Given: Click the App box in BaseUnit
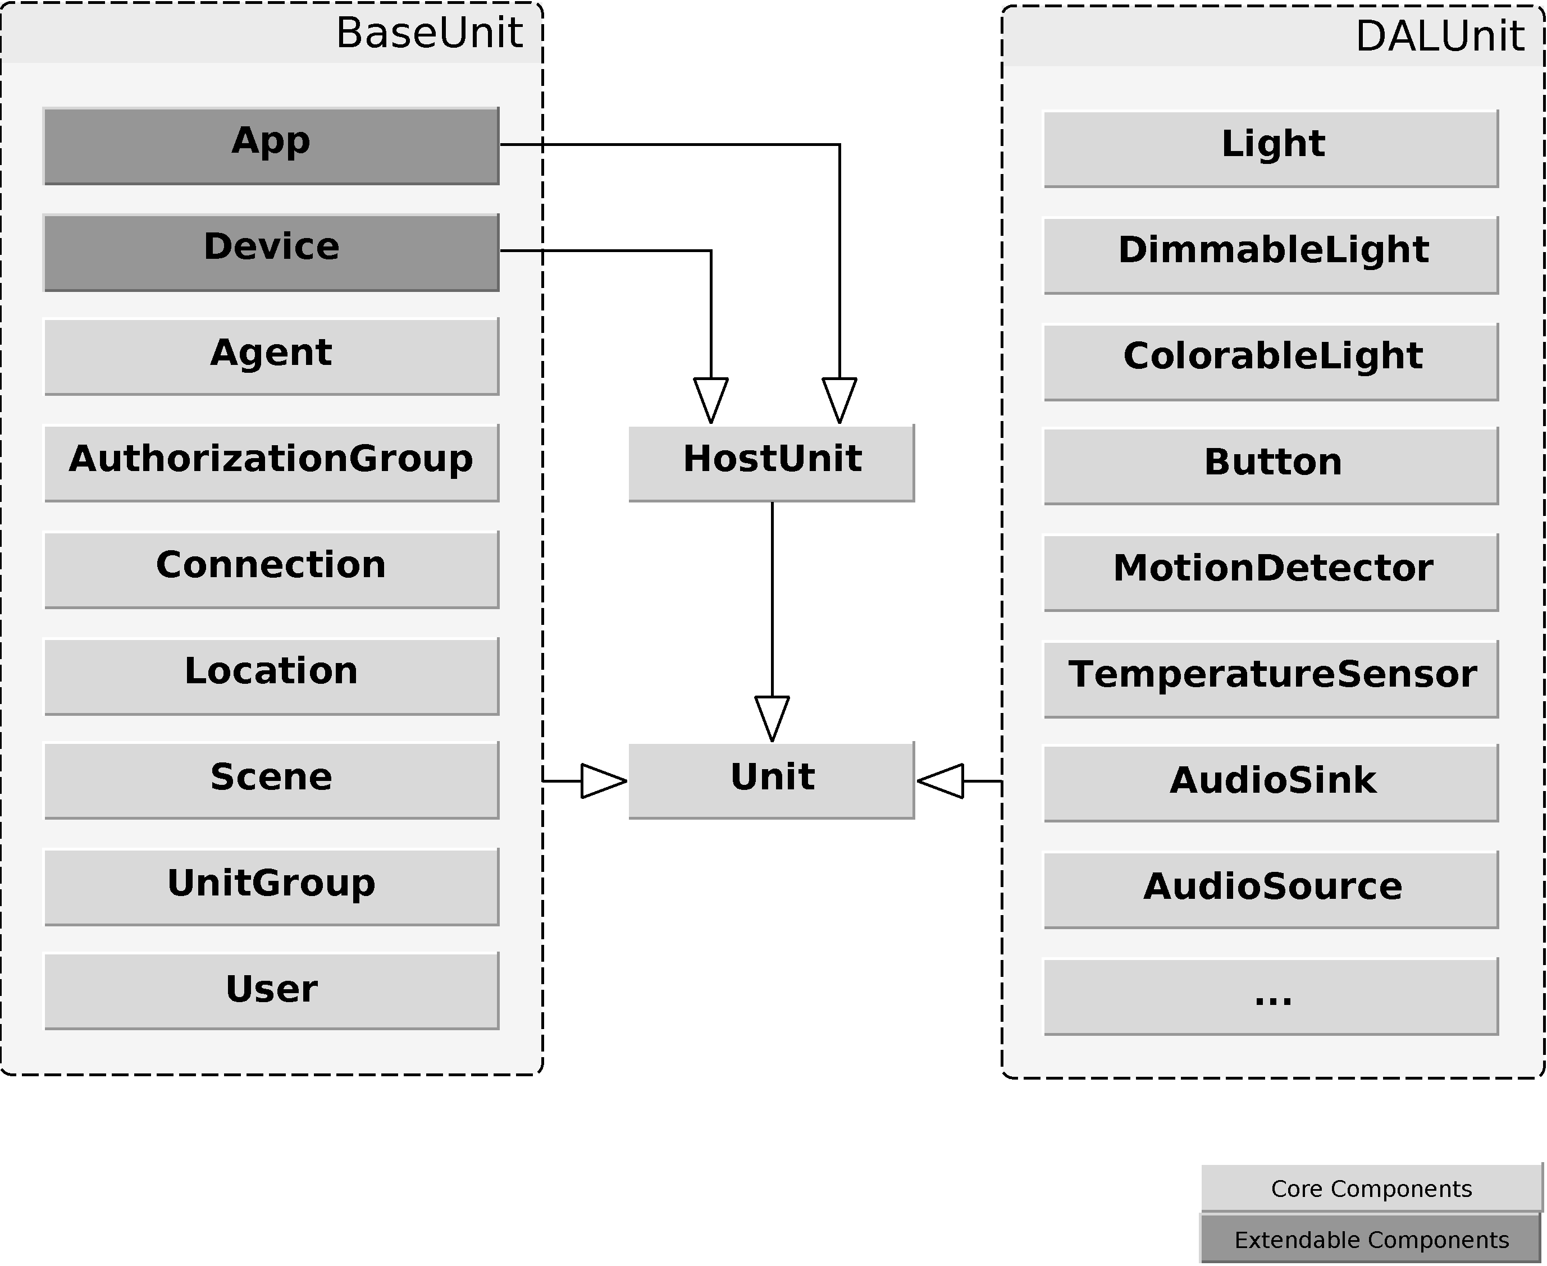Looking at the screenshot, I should (x=271, y=146).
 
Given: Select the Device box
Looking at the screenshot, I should (x=271, y=252).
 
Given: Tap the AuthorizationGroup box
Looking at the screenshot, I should (x=271, y=463).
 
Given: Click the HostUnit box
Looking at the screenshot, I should (x=770, y=463).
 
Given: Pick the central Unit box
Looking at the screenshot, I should (x=770, y=780).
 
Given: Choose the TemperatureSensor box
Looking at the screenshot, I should (x=1271, y=678).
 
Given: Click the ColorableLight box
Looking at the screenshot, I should (x=1271, y=361).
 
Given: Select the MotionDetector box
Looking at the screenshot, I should (x=1271, y=572).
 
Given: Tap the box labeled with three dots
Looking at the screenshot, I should (x=1271, y=995).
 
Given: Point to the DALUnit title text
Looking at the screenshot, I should (x=1439, y=36).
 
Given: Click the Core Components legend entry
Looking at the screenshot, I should (x=1371, y=1189).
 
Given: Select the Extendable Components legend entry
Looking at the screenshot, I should (x=1371, y=1240).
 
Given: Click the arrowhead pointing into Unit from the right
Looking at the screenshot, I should (x=944, y=780).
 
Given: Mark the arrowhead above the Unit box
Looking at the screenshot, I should (x=772, y=717).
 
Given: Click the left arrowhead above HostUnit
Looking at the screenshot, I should (x=710, y=397).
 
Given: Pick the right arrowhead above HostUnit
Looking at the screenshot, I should (x=839, y=397).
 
